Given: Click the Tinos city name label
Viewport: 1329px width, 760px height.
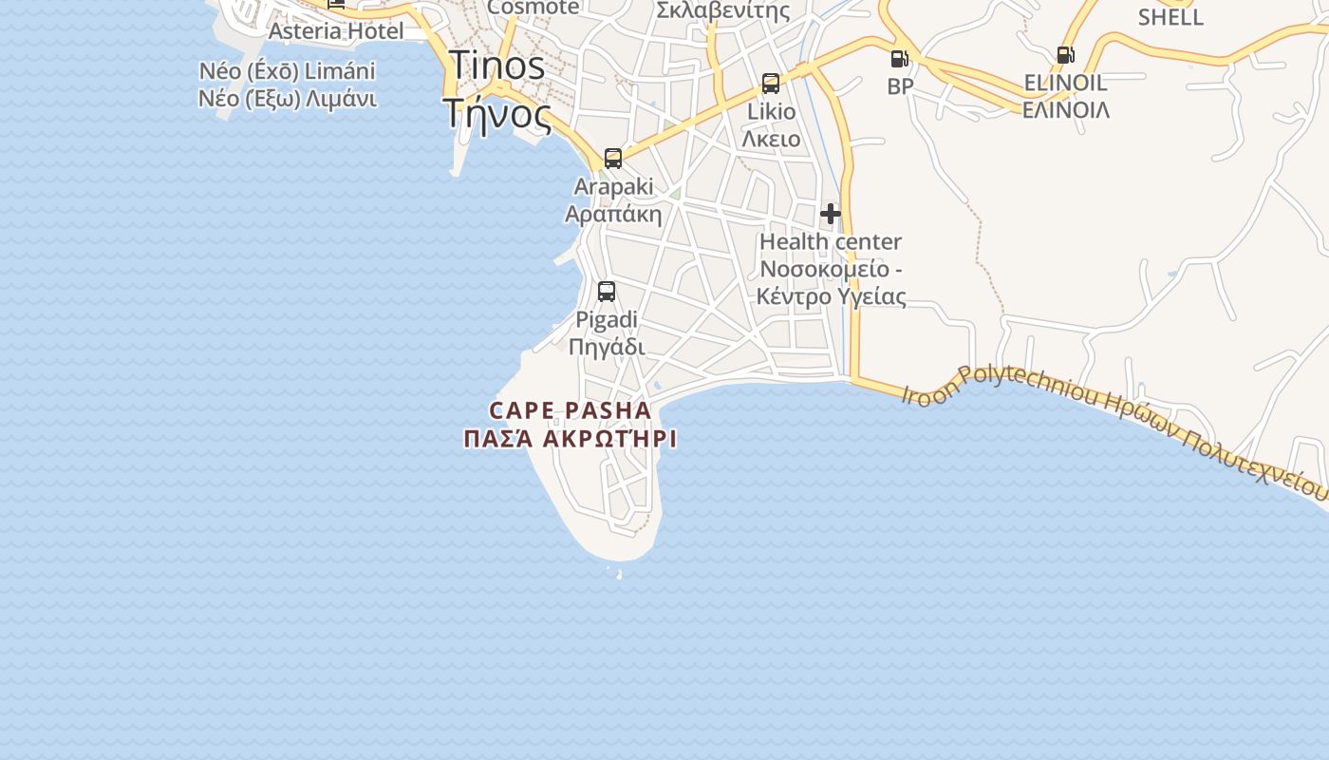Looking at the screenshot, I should tap(496, 66).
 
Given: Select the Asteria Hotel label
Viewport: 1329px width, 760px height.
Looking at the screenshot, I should tap(336, 30).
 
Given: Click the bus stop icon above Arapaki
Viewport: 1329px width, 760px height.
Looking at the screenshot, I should tap(613, 158).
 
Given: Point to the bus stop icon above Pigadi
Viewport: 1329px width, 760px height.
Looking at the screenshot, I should tap(607, 292).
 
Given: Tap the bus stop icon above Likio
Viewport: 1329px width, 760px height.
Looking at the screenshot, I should tap(771, 84).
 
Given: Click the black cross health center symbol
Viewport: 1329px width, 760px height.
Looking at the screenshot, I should tap(831, 214).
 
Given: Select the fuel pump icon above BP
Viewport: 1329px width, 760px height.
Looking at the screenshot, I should tap(898, 59).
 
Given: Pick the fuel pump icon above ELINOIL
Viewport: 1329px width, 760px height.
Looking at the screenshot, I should tap(1065, 55).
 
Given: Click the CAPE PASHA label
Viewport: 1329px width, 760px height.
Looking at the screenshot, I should tap(571, 410).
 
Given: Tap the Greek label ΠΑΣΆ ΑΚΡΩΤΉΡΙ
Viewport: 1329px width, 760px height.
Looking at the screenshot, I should tap(571, 439).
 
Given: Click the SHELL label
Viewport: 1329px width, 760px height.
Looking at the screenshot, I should tap(1170, 17).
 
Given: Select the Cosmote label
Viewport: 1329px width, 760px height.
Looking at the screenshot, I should tap(533, 8).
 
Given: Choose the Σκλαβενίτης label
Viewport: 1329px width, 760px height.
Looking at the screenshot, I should tap(723, 11).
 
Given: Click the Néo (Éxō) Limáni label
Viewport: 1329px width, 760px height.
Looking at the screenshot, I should tap(288, 71).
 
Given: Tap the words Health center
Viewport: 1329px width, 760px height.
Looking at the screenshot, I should tap(831, 242).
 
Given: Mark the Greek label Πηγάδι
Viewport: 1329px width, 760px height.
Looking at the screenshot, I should tap(607, 346).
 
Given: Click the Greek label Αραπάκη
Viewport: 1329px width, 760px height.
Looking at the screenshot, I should tap(613, 213).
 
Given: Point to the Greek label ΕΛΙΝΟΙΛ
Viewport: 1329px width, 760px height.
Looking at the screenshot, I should tap(1065, 109).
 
